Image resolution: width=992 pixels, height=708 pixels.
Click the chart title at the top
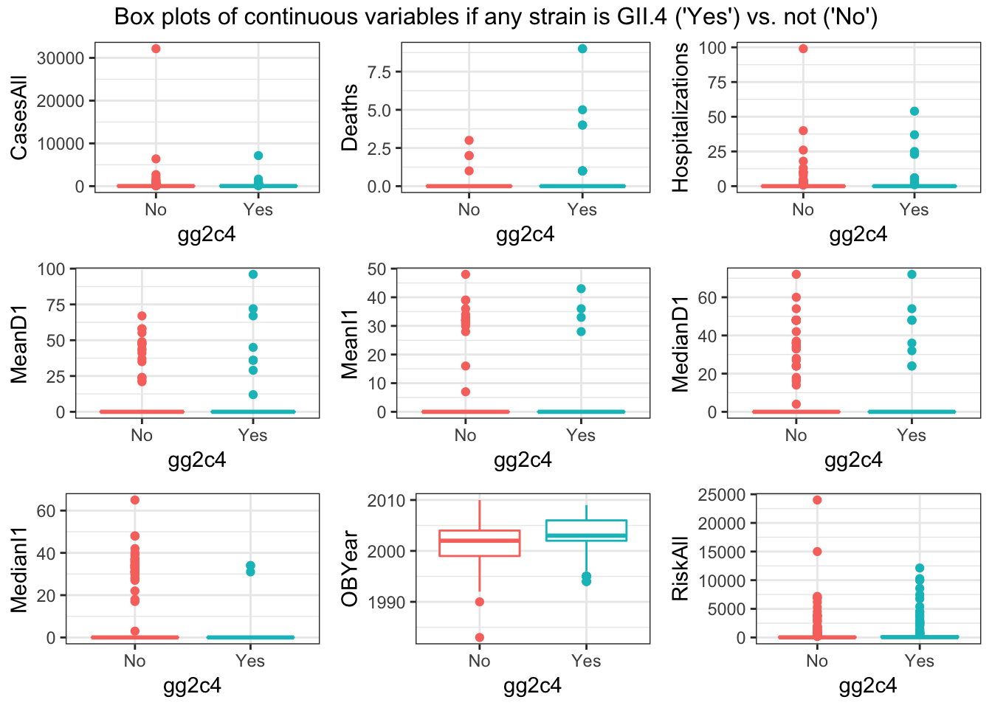click(x=495, y=16)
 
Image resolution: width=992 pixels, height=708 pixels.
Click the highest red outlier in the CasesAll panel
click(x=156, y=49)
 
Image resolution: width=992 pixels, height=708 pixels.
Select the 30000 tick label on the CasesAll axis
click(x=60, y=58)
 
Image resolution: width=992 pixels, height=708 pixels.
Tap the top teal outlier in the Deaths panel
click(x=582, y=49)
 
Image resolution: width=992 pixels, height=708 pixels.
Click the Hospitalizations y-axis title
click(x=681, y=117)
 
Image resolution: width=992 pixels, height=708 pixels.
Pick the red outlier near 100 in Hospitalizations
click(x=803, y=49)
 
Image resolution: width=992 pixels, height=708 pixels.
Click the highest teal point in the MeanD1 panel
click(x=253, y=274)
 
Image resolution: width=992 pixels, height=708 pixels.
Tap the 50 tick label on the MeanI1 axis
click(x=377, y=269)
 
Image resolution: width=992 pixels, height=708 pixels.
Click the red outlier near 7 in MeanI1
click(x=465, y=392)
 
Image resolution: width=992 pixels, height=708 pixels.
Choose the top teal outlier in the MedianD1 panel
click(x=912, y=274)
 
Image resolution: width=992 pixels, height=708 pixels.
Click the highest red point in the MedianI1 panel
click(x=135, y=500)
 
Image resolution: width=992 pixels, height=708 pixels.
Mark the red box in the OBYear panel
click(x=480, y=543)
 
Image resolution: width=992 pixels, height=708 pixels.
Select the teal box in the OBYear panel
click(x=586, y=531)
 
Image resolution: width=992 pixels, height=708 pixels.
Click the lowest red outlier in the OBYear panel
click(x=480, y=637)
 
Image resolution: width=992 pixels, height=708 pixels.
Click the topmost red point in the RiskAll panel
click(x=817, y=500)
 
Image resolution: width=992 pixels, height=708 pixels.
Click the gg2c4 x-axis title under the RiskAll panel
click(x=868, y=686)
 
